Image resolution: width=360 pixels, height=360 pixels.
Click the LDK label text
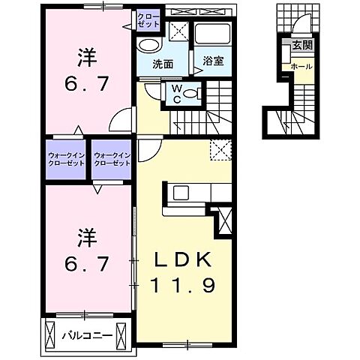[x=186, y=259]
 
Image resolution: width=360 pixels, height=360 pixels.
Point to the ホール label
[x=301, y=67]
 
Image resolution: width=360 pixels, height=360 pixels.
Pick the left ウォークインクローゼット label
[x=66, y=160]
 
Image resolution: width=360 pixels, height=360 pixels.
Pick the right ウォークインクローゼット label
[x=112, y=160]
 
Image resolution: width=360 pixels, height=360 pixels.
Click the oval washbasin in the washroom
[x=147, y=44]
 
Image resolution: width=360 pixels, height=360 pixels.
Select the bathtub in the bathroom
[x=214, y=34]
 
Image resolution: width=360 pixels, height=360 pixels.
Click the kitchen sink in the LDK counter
[x=182, y=192]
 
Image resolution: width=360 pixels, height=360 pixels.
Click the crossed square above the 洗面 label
[x=178, y=31]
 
